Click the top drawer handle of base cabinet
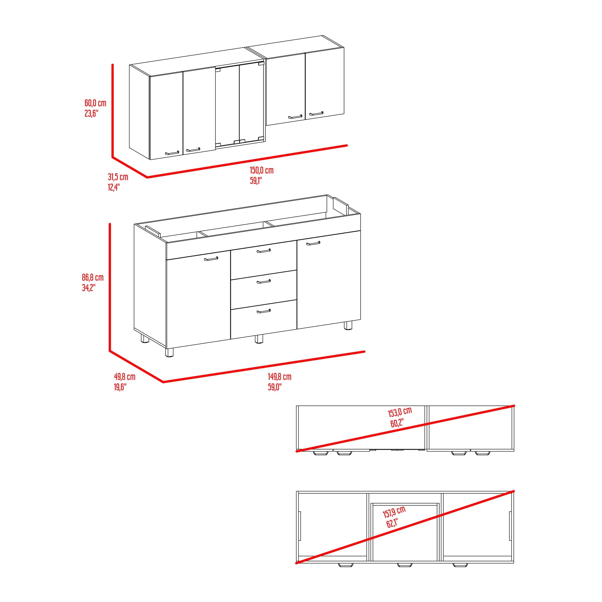coord(264,251)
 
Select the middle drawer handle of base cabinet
coord(264,282)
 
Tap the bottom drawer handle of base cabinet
coord(264,311)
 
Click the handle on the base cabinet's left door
coord(211,259)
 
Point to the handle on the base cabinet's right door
coord(313,243)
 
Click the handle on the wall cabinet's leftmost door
coord(172,153)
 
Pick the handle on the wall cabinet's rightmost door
coord(316,113)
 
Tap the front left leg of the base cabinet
coord(169,352)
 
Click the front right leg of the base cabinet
coord(348,326)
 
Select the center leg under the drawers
coord(259,339)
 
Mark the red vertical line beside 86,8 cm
coord(110,287)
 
